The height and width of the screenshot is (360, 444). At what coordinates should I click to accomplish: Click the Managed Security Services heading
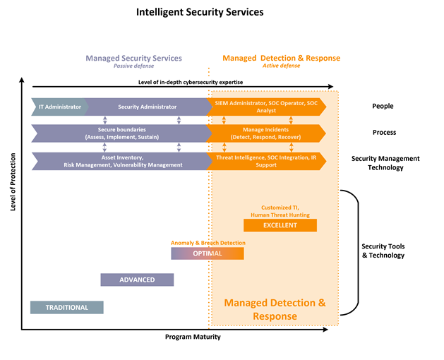click(133, 58)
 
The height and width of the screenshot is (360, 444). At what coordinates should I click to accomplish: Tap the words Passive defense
click(133, 66)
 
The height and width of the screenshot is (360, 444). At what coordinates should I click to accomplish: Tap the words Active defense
click(282, 66)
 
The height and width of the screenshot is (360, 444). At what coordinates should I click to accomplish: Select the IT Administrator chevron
click(59, 107)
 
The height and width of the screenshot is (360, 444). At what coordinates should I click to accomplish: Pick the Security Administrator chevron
click(148, 107)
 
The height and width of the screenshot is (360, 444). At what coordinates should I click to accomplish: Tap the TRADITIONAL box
click(67, 307)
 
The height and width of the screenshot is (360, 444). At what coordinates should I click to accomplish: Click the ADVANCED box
click(137, 280)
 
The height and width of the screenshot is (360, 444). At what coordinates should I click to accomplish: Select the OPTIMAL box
click(208, 253)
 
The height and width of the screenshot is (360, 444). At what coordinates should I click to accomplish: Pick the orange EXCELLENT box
click(280, 225)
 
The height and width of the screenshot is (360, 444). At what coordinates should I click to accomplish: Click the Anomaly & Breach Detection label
click(208, 243)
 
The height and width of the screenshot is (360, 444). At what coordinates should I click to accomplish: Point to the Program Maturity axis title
click(193, 337)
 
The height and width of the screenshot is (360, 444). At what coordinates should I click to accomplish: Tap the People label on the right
click(383, 107)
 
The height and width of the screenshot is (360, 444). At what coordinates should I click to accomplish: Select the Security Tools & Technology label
click(383, 251)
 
